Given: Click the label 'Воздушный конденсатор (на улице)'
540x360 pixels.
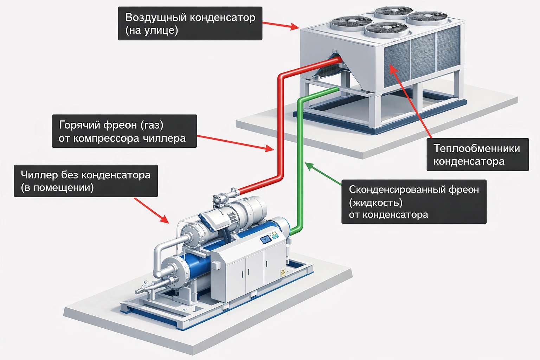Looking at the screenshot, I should point(190,23).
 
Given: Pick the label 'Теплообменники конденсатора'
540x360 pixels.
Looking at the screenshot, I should point(477,155).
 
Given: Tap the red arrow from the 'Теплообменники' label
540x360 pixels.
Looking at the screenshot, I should point(411,102).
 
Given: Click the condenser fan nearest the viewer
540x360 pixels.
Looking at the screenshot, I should point(386,30).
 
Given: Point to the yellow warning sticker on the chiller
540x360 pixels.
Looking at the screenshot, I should point(282,271).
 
